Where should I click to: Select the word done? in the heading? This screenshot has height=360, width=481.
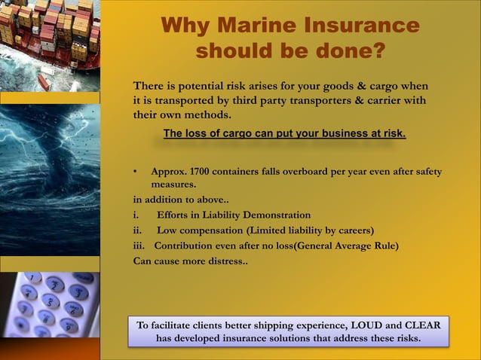tap(350, 50)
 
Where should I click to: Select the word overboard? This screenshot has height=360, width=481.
tap(308, 172)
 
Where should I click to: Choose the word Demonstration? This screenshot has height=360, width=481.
tap(273, 215)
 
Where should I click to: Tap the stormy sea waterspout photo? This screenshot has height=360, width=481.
tap(50, 179)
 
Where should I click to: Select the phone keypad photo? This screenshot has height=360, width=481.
tap(50, 304)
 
